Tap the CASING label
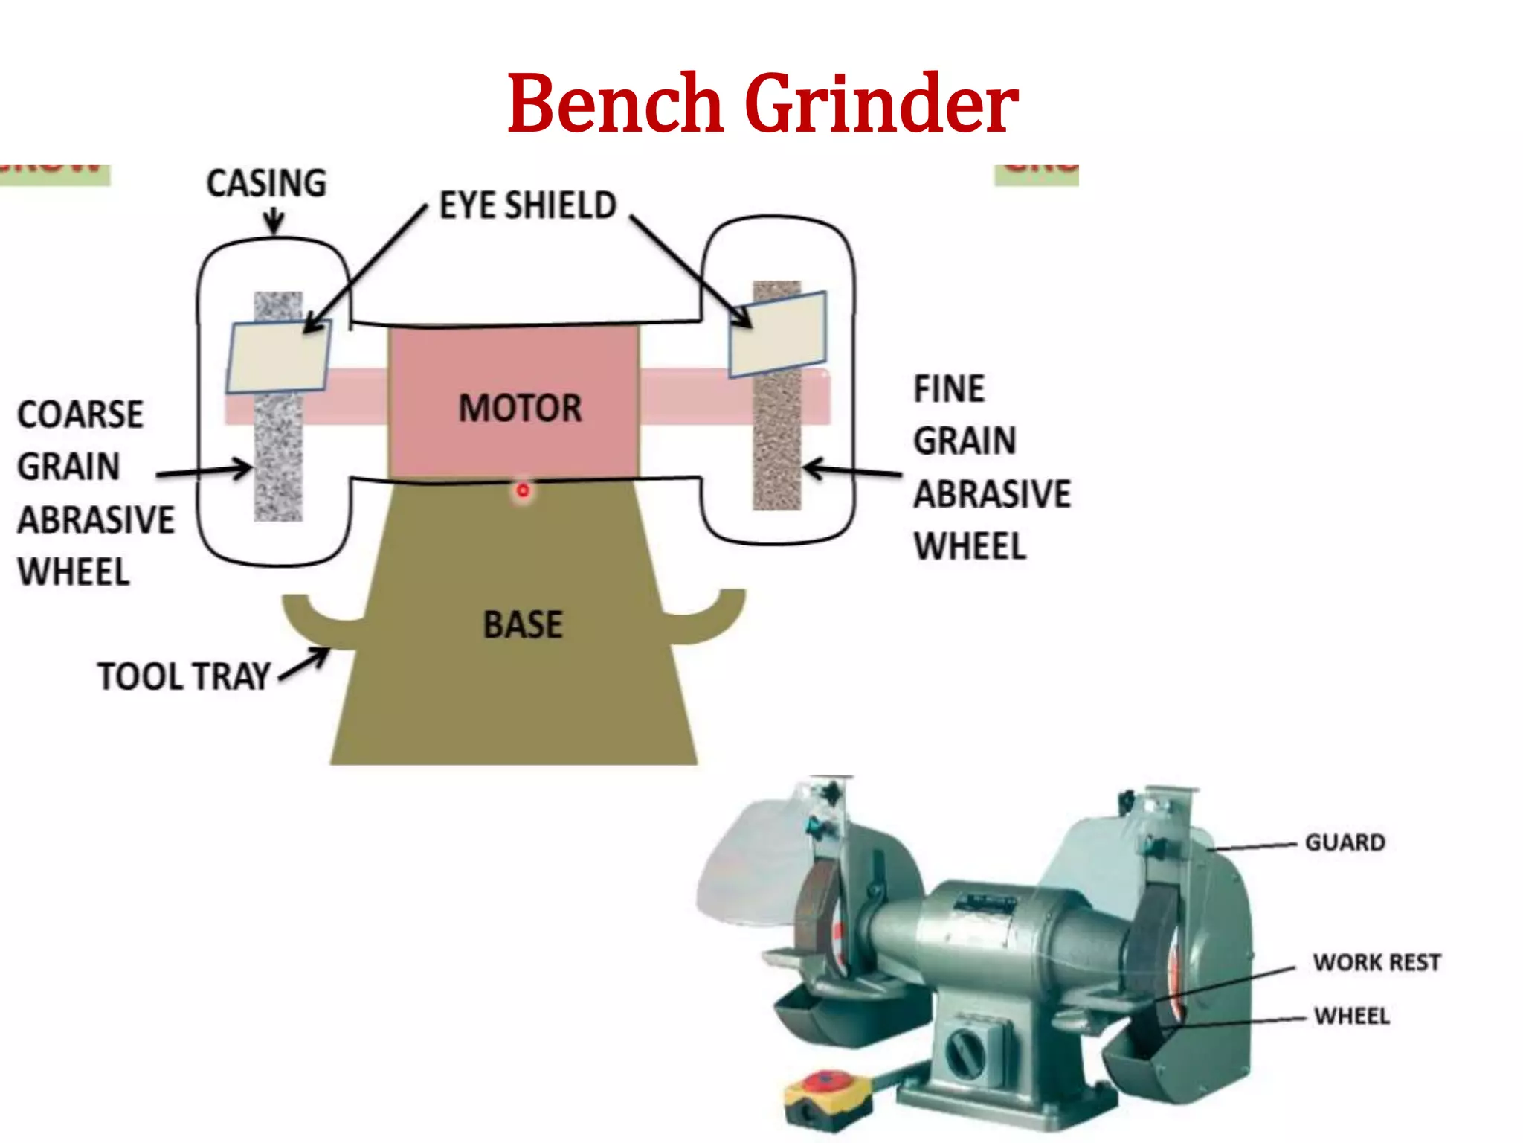point(266,183)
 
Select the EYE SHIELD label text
point(528,205)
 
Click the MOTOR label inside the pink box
point(520,408)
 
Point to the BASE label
point(523,624)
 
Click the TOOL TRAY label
point(184,676)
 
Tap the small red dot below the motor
point(523,490)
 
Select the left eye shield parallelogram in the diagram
point(278,357)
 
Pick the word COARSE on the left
point(80,414)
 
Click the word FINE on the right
point(949,388)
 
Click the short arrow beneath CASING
point(274,221)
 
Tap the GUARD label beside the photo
point(1345,842)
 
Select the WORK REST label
point(1377,962)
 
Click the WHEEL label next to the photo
point(1351,1016)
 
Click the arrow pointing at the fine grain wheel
point(851,470)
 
